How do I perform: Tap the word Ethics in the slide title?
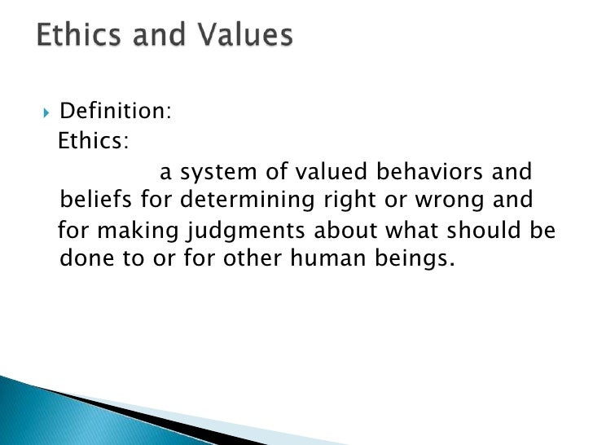(x=77, y=36)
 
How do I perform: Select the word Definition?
(x=116, y=111)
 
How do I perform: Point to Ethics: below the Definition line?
(x=92, y=141)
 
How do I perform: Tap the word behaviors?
(x=419, y=172)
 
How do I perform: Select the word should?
(x=483, y=231)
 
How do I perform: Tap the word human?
(x=316, y=259)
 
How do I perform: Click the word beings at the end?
(x=409, y=260)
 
